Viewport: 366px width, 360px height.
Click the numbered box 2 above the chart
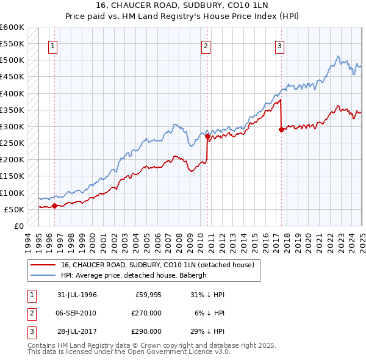click(x=206, y=46)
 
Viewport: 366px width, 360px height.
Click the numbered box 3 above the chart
click(x=279, y=46)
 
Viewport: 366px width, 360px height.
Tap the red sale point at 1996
click(x=54, y=206)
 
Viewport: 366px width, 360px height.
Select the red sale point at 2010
click(x=208, y=137)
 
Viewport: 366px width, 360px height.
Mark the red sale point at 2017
click(x=281, y=129)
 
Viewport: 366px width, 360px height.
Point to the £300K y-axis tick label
click(x=12, y=127)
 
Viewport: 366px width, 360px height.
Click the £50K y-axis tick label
click(x=15, y=210)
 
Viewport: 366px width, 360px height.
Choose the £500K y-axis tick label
click(x=12, y=60)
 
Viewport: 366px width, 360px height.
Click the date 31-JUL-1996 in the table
click(x=77, y=295)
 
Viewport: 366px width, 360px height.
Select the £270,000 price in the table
click(x=146, y=313)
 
